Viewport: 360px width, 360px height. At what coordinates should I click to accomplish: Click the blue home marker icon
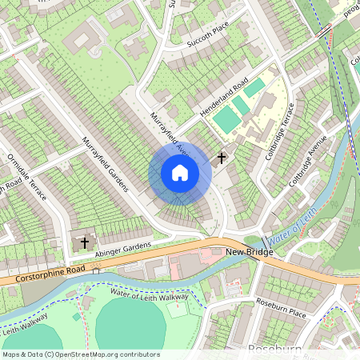pos(180,173)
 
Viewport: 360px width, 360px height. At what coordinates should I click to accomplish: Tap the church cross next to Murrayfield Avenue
pos(221,158)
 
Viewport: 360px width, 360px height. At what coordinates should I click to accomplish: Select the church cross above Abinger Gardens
pos(84,242)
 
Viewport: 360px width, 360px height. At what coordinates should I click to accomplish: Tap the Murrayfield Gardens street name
pos(104,164)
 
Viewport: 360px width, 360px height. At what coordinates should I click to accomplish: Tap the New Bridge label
pos(249,252)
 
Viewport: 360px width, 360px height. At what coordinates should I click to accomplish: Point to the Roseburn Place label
pos(281,308)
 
